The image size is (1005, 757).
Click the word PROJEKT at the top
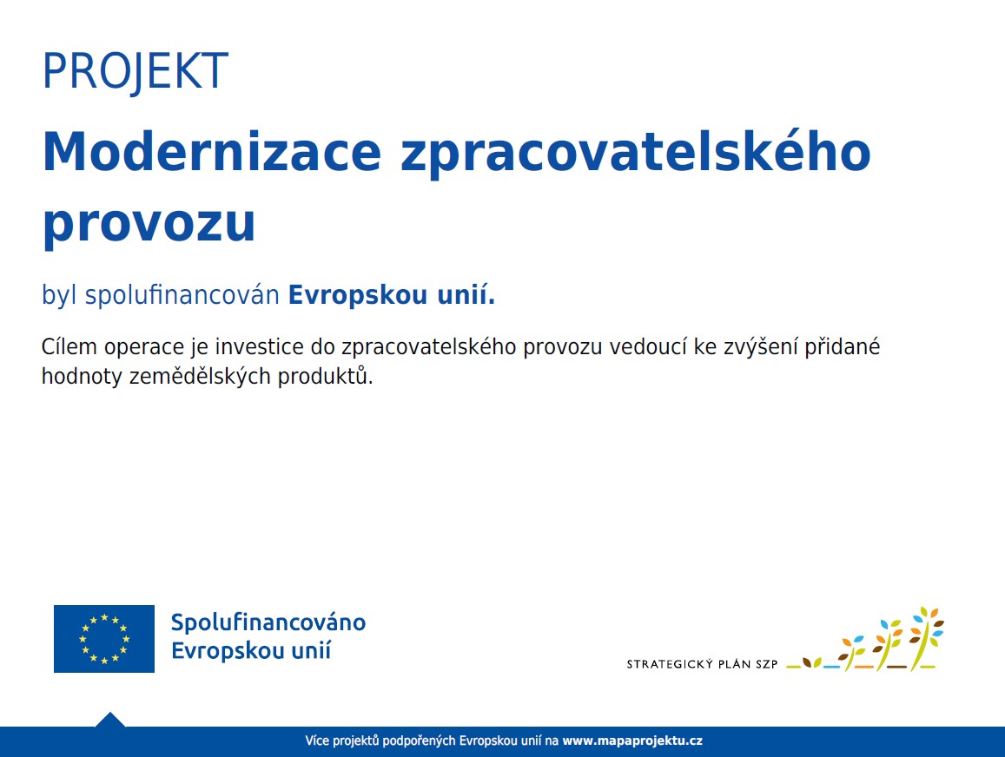136,71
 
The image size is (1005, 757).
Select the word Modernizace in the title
212,152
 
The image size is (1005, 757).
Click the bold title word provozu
149,225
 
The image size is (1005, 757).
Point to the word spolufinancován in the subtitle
182,296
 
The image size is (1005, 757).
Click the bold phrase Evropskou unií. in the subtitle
392,296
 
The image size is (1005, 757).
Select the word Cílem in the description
69,346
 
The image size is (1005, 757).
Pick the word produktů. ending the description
325,377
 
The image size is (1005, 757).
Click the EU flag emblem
104,639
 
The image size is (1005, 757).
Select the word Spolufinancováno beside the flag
268,622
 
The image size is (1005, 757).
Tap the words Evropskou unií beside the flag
251,651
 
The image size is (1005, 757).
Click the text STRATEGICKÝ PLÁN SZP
702,664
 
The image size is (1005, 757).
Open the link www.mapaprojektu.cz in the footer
632,741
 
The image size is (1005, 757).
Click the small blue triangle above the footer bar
110,720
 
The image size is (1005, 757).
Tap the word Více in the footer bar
317,741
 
